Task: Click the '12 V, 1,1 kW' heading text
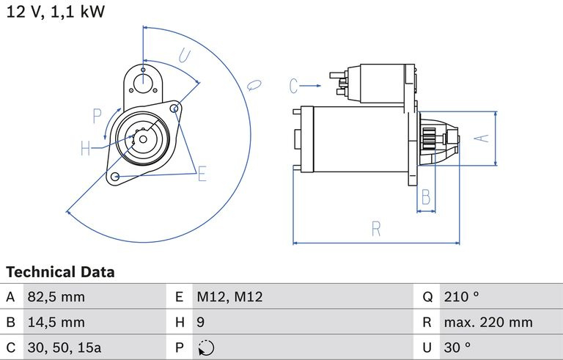pyautogui.click(x=56, y=12)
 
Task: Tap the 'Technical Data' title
pyautogui.click(x=60, y=272)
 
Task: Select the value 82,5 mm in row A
pyautogui.click(x=56, y=297)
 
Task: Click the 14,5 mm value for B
pyautogui.click(x=56, y=323)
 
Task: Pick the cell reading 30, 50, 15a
pyautogui.click(x=65, y=348)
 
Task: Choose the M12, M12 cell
pyautogui.click(x=229, y=297)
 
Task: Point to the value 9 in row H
pyautogui.click(x=200, y=322)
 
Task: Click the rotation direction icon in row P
pyautogui.click(x=206, y=348)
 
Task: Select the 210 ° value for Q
pyautogui.click(x=461, y=297)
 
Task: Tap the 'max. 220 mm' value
pyautogui.click(x=488, y=323)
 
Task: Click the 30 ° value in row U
pyautogui.click(x=457, y=348)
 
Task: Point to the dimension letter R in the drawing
pyautogui.click(x=376, y=229)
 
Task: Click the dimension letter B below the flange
pyautogui.click(x=426, y=197)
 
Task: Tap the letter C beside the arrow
pyautogui.click(x=293, y=86)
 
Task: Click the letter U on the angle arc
pyautogui.click(x=185, y=55)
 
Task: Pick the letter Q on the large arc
pyautogui.click(x=254, y=85)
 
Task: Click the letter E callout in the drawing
pyautogui.click(x=202, y=174)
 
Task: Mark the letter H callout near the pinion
pyautogui.click(x=86, y=148)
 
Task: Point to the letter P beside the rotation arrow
pyautogui.click(x=97, y=116)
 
